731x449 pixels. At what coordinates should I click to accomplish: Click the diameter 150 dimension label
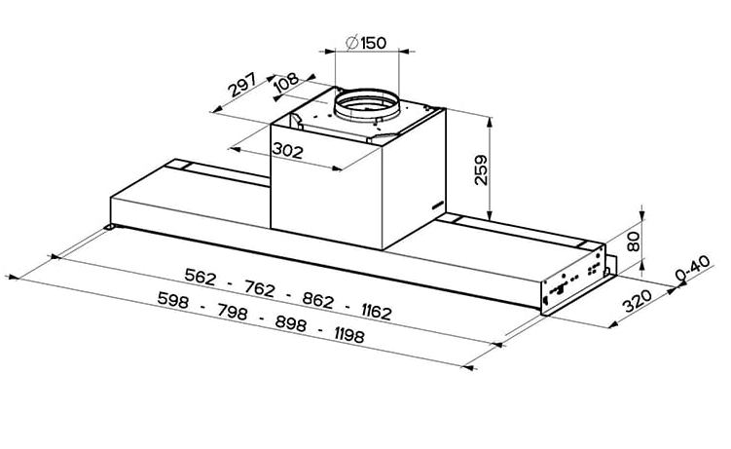tap(366, 43)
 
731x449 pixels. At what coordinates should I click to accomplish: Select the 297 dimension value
tap(242, 84)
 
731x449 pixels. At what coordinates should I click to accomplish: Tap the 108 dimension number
tap(286, 82)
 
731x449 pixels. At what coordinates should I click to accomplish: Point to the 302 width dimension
tap(288, 150)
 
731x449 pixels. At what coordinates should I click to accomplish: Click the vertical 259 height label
tap(481, 170)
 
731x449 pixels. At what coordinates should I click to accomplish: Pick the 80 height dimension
tap(633, 243)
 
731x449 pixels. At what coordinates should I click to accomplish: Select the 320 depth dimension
tap(637, 301)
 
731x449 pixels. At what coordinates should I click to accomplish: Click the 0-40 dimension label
tap(692, 269)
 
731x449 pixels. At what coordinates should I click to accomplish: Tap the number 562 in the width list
tap(201, 277)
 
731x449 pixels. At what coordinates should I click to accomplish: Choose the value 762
tap(260, 289)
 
